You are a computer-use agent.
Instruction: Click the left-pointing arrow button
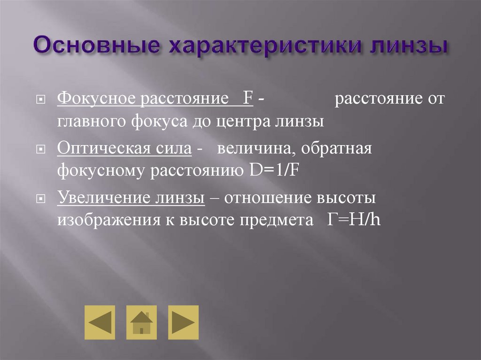tap(100, 322)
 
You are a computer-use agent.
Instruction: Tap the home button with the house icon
tap(141, 322)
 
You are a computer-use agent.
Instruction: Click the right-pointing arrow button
tap(183, 322)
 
